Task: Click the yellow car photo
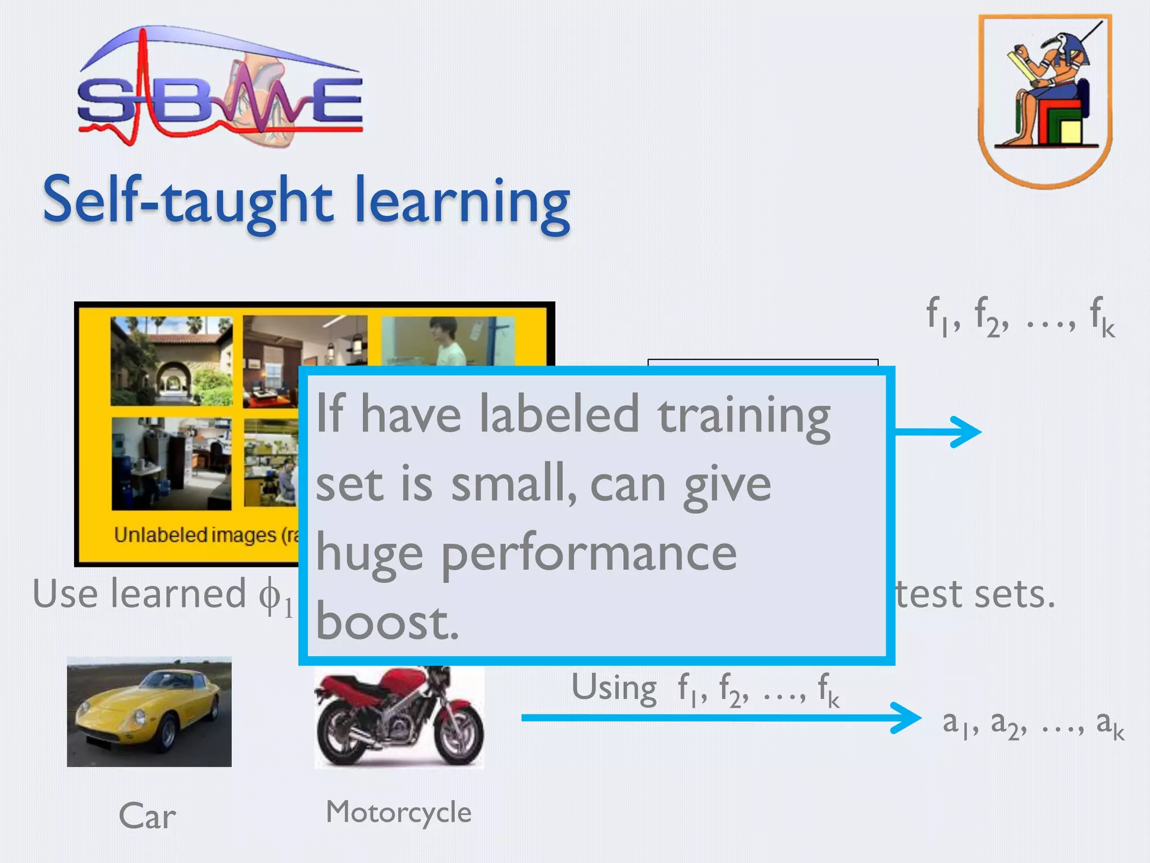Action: click(149, 711)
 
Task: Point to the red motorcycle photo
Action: click(399, 716)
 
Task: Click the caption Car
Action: click(147, 816)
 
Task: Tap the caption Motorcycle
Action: click(399, 812)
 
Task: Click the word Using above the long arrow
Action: click(614, 688)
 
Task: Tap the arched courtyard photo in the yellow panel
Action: click(171, 361)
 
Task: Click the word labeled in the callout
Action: click(559, 415)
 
